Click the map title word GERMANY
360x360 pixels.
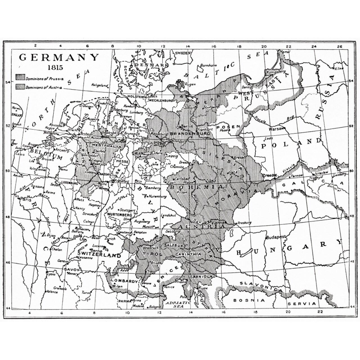(x=59, y=57)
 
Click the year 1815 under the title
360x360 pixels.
(x=55, y=67)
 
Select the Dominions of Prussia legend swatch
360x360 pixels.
(x=20, y=78)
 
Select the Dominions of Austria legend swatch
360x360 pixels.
(x=20, y=87)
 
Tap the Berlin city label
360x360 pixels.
(x=186, y=126)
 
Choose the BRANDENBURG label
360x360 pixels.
(x=190, y=134)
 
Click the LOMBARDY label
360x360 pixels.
(x=124, y=281)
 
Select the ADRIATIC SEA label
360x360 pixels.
(x=175, y=303)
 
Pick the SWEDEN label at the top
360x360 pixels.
(x=183, y=53)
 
